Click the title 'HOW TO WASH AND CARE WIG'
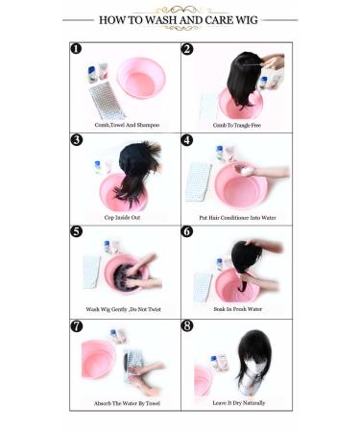pyautogui.click(x=180, y=19)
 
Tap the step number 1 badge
pyautogui.click(x=77, y=49)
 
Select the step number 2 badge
pyautogui.click(x=187, y=49)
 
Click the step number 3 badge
pyautogui.click(x=77, y=140)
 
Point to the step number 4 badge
pyautogui.click(x=187, y=140)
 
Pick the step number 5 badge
pyautogui.click(x=77, y=232)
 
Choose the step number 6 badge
pyautogui.click(x=187, y=232)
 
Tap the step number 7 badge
pyautogui.click(x=77, y=325)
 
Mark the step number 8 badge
pyautogui.click(x=187, y=325)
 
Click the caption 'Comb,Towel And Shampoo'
pyautogui.click(x=126, y=125)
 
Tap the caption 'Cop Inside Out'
pyautogui.click(x=126, y=217)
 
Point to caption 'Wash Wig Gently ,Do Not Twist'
pyautogui.click(x=126, y=309)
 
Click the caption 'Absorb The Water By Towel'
pyautogui.click(x=126, y=402)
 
